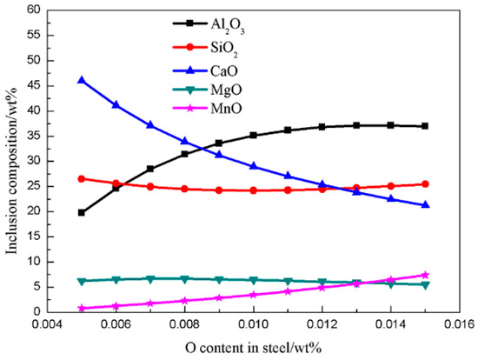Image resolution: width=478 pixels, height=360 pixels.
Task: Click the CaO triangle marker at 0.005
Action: (82, 80)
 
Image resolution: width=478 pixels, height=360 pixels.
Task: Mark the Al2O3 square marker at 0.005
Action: (82, 212)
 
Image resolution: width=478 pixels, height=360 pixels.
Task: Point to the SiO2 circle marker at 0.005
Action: (82, 178)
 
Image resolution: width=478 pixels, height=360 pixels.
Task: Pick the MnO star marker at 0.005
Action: (82, 308)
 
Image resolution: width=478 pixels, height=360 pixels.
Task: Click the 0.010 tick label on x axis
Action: (253, 325)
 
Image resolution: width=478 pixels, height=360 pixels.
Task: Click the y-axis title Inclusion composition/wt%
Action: (11, 161)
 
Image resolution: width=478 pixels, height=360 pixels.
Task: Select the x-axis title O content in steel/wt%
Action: (253, 348)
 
